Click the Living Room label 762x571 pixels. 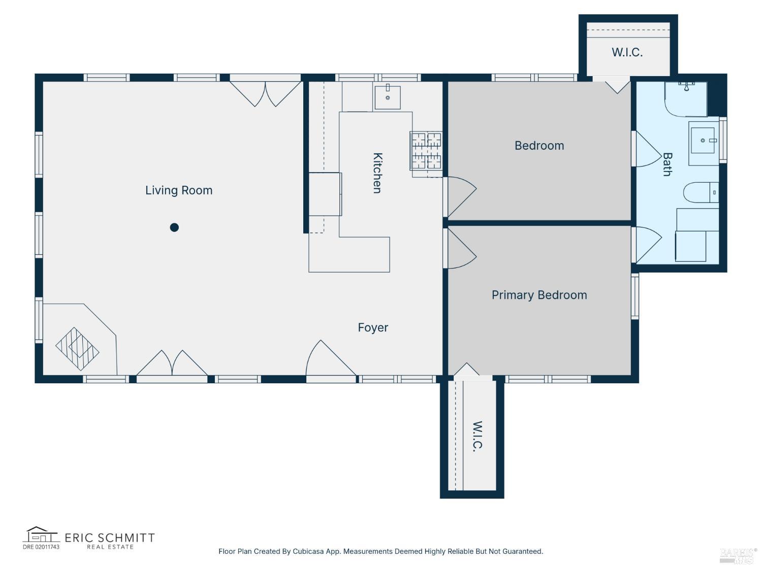point(179,190)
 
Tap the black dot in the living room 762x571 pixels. point(174,227)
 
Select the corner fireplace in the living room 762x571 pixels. point(77,348)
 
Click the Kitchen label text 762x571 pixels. point(377,173)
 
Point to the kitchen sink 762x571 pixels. point(387,97)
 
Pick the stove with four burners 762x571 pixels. point(426,150)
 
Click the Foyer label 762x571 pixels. point(373,328)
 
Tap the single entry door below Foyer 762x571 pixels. point(330,361)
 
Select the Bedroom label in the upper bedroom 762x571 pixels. point(539,146)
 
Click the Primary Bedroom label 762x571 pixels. point(539,295)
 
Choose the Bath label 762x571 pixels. point(667,164)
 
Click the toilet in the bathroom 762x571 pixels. point(701,192)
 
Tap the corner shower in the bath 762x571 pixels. point(686,98)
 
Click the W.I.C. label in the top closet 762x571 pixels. point(627,52)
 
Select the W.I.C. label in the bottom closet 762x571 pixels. point(477,436)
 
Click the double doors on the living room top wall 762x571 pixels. point(266,92)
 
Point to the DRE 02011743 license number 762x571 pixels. point(41,547)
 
